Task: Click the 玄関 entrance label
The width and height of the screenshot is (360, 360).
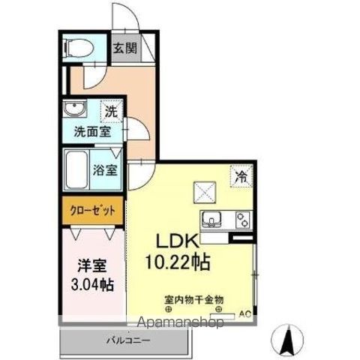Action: [x=125, y=49]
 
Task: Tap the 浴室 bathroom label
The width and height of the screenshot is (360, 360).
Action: [x=105, y=169]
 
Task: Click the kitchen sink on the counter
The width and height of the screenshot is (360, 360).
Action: [x=211, y=220]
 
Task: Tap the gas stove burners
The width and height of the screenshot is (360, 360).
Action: [x=241, y=220]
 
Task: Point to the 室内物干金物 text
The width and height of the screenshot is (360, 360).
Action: [x=193, y=298]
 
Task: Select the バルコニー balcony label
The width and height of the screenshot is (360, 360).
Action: [x=128, y=340]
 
